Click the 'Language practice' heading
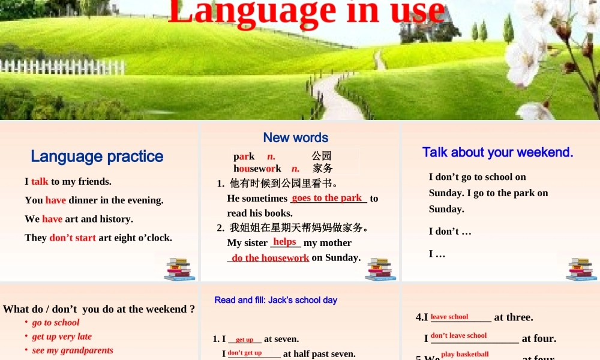tap(97, 157)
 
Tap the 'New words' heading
tap(296, 137)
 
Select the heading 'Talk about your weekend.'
tap(498, 152)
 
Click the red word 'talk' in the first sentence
tap(40, 181)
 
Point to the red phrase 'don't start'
tap(73, 238)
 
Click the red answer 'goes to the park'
tap(327, 197)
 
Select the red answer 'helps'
tap(285, 241)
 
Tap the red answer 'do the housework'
tap(270, 257)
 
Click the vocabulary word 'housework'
tap(257, 169)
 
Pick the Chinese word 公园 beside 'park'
tap(322, 156)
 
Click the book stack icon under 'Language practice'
tap(179, 269)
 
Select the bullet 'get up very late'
tap(62, 337)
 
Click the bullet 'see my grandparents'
tap(73, 350)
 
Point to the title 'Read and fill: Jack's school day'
tap(276, 300)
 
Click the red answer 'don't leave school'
tap(459, 335)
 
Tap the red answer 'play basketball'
tap(465, 354)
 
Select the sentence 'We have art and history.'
tap(79, 219)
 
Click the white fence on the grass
tap(60, 67)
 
